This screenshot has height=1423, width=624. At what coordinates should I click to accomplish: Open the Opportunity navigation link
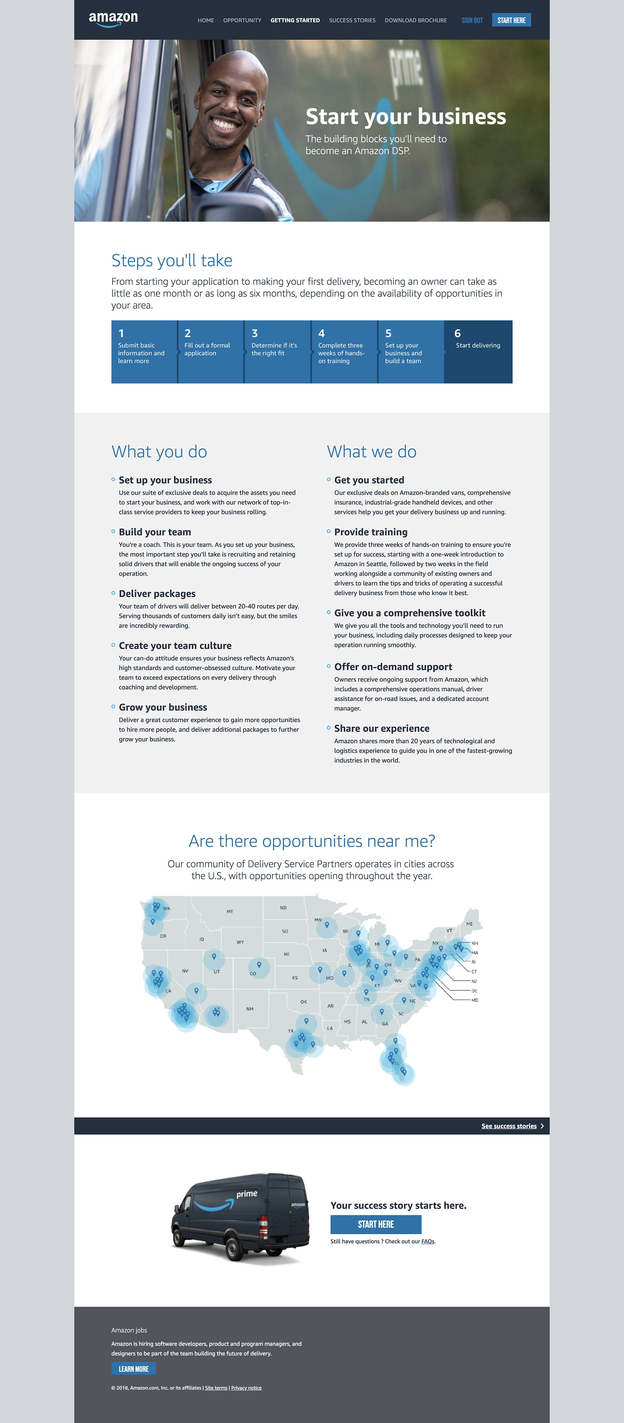(242, 20)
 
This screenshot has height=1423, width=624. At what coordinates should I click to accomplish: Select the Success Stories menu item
(352, 20)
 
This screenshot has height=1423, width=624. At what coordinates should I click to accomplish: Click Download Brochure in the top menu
(416, 20)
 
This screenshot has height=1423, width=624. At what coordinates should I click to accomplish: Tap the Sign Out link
(472, 20)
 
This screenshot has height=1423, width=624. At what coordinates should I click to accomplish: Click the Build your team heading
(155, 532)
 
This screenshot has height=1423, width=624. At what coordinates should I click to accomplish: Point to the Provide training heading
(370, 532)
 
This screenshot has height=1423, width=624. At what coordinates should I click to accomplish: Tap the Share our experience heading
(381, 729)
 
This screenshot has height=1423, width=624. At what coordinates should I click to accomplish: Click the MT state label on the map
(230, 911)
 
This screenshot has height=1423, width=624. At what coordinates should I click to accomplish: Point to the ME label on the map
(469, 924)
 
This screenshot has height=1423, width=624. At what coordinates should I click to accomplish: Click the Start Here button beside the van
(376, 1225)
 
